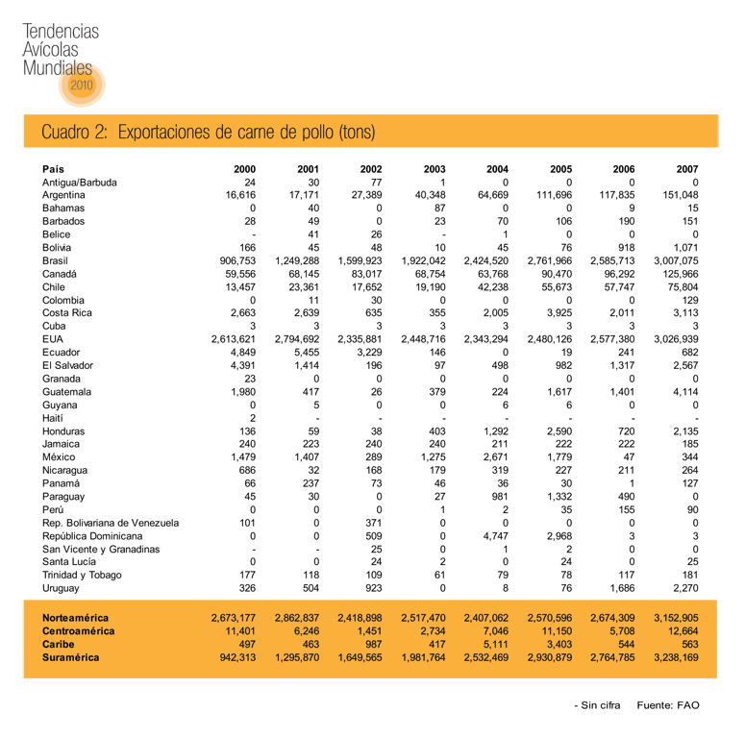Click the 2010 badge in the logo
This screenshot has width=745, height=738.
81,86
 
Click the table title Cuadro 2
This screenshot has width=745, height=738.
207,131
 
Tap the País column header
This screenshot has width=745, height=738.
54,168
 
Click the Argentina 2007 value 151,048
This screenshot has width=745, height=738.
676,194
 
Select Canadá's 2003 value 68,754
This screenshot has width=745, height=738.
426,273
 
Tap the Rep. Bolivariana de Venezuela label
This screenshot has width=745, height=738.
110,522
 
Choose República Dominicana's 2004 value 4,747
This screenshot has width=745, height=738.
494,534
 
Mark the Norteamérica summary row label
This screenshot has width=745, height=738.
75,618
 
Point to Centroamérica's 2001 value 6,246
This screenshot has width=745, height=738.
302,631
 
